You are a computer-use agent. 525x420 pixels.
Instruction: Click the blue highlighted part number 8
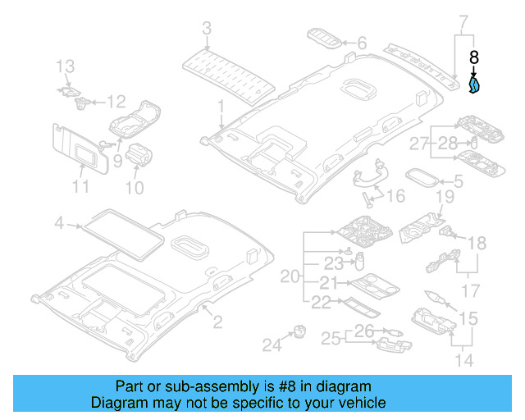click(x=475, y=85)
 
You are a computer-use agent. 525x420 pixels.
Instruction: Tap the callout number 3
click(x=207, y=30)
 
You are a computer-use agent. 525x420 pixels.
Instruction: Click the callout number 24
click(x=271, y=345)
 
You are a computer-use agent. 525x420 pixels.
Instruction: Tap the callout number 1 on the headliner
click(x=221, y=106)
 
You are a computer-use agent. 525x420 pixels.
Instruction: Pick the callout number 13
click(x=65, y=66)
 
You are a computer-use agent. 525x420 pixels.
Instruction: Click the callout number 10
click(x=132, y=189)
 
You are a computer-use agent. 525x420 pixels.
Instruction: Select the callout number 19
click(x=444, y=197)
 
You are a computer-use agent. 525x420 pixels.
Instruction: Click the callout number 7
click(x=463, y=20)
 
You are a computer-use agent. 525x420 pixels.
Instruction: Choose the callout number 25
click(x=331, y=338)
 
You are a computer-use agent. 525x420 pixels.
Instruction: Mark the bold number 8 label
click(x=474, y=57)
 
